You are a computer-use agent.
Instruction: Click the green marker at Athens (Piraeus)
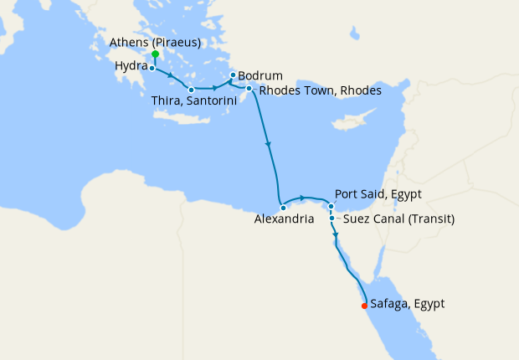(x=155, y=54)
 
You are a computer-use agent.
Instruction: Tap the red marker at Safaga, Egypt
(x=364, y=306)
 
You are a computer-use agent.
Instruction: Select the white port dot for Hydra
(x=152, y=68)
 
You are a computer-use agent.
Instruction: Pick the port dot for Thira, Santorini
(x=192, y=90)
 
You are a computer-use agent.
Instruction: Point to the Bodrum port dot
(x=233, y=75)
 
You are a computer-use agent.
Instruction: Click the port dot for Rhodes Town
(x=249, y=88)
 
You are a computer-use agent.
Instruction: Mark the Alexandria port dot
(x=283, y=208)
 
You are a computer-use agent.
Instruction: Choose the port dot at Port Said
(x=331, y=206)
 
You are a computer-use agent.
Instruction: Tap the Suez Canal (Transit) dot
(x=332, y=219)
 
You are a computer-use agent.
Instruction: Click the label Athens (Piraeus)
(x=154, y=43)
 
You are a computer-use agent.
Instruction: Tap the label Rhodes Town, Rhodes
(x=320, y=90)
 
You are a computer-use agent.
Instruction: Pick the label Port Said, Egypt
(x=377, y=194)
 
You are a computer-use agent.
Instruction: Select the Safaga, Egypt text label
(x=407, y=304)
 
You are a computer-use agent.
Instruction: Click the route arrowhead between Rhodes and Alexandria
(x=269, y=146)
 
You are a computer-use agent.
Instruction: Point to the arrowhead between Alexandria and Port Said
(x=301, y=198)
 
